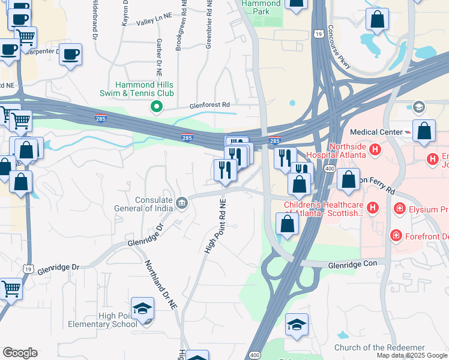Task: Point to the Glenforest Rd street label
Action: click(x=210, y=104)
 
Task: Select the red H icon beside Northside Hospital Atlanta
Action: click(x=375, y=149)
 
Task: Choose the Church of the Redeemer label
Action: click(x=379, y=348)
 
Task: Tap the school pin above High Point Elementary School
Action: click(x=143, y=310)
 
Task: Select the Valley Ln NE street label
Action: click(x=154, y=22)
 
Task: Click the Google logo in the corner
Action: click(x=20, y=353)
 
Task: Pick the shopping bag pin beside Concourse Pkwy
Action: click(x=378, y=20)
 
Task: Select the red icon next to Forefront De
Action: click(x=396, y=235)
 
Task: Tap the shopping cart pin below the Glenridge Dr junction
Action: click(x=11, y=290)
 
